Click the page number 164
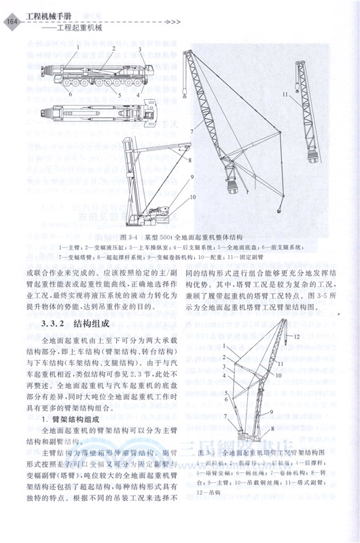coord(11,22)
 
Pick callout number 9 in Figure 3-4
coord(192,176)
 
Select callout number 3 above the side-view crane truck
coord(139,50)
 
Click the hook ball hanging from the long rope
coord(279,212)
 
